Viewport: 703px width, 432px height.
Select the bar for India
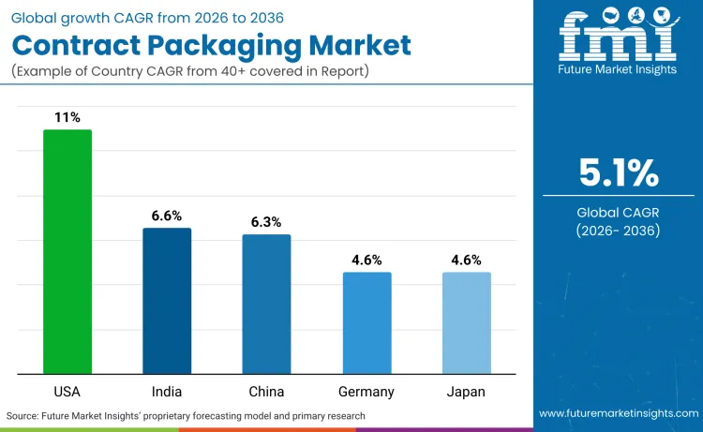[x=167, y=301]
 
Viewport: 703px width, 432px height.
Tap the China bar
[x=267, y=304]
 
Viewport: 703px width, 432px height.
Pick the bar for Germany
[x=366, y=322]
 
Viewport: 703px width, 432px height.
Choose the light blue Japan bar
[x=467, y=322]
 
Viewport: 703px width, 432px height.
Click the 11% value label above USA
[x=67, y=118]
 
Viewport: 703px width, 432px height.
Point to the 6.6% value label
[x=167, y=216]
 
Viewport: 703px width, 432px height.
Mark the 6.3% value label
[x=267, y=222]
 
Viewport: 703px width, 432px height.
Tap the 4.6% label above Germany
[x=366, y=260]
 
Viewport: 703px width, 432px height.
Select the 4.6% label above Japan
[x=467, y=260]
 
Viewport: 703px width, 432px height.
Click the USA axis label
[x=67, y=391]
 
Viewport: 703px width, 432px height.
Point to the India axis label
[x=167, y=391]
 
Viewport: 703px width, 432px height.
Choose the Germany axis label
[x=366, y=391]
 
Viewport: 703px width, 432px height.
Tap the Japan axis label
[x=467, y=391]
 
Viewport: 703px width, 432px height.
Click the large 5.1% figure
[x=619, y=172]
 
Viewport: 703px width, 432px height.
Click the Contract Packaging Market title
[x=210, y=44]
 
